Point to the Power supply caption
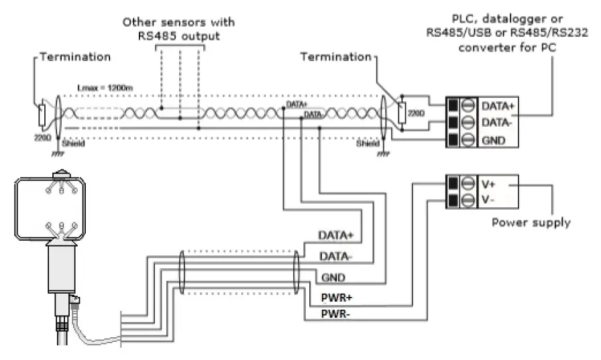(531, 222)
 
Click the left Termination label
(75, 57)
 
